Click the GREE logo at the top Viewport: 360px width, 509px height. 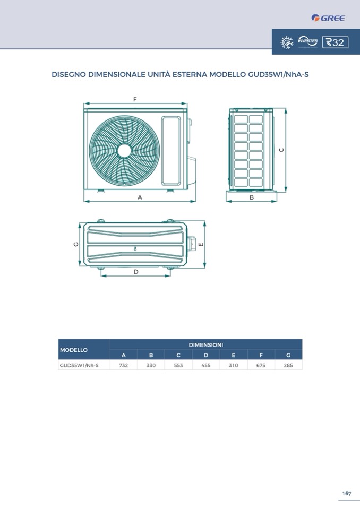click(328, 18)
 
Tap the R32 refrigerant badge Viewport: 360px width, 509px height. click(336, 42)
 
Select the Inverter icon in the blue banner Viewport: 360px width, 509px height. click(307, 42)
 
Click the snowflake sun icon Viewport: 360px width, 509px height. click(287, 42)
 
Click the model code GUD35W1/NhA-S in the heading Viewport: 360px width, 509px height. click(278, 74)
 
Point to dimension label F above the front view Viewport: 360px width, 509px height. click(135, 99)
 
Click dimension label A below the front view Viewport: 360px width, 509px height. click(140, 197)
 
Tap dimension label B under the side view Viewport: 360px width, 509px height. click(252, 197)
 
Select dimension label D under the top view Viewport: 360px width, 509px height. click(136, 272)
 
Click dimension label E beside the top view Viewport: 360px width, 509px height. click(201, 245)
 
